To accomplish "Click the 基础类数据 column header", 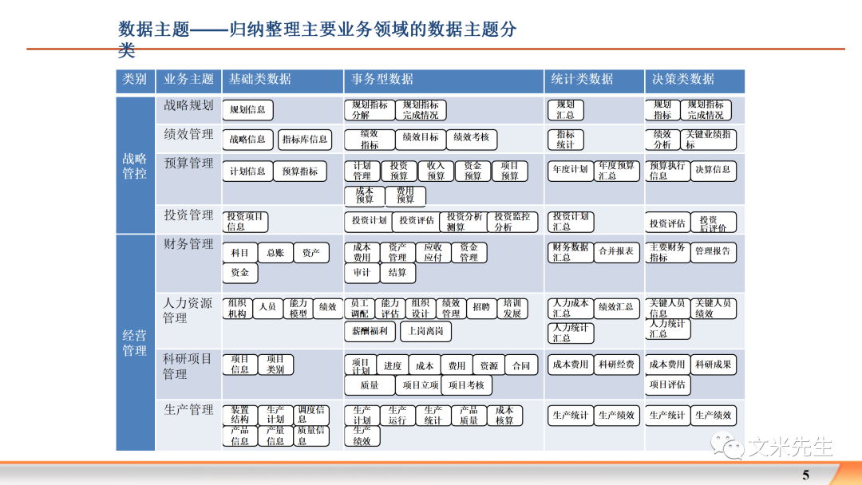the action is click(260, 80).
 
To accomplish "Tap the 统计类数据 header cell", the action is click(583, 80).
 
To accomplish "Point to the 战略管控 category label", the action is click(134, 166).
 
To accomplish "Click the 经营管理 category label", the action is click(134, 343).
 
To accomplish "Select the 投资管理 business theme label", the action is click(188, 215).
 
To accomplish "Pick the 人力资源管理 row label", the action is click(188, 311).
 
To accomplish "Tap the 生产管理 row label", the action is click(188, 410).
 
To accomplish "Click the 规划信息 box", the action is click(247, 110).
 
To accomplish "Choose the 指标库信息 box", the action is click(304, 140).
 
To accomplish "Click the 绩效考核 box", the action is click(471, 138).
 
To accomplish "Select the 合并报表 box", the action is click(617, 251).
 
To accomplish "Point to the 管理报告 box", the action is click(713, 251).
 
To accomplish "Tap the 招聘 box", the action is click(480, 307).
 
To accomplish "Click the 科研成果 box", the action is click(714, 365).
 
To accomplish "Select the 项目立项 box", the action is click(421, 385).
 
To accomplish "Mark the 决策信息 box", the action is click(713, 170).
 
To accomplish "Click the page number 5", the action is click(805, 475).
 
